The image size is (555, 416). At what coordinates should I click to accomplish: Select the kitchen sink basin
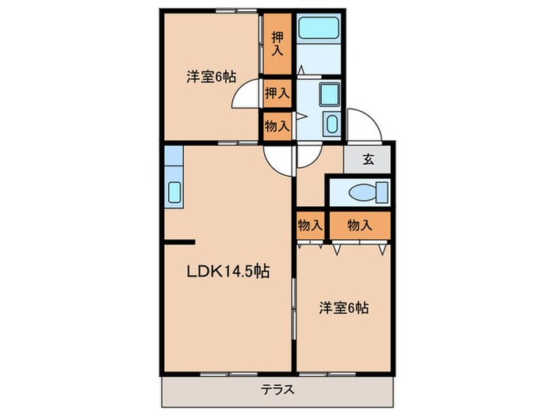174,192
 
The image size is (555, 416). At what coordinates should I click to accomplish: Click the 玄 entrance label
368,158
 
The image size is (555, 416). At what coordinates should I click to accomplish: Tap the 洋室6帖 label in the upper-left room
211,77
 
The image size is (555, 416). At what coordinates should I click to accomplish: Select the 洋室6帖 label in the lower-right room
343,307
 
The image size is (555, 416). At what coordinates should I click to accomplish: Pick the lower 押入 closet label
277,93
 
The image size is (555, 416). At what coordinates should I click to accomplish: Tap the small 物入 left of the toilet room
309,225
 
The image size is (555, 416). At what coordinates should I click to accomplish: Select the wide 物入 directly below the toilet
359,225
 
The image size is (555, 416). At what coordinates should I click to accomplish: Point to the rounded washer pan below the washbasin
331,124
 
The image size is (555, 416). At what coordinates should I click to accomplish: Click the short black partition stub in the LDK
178,240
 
